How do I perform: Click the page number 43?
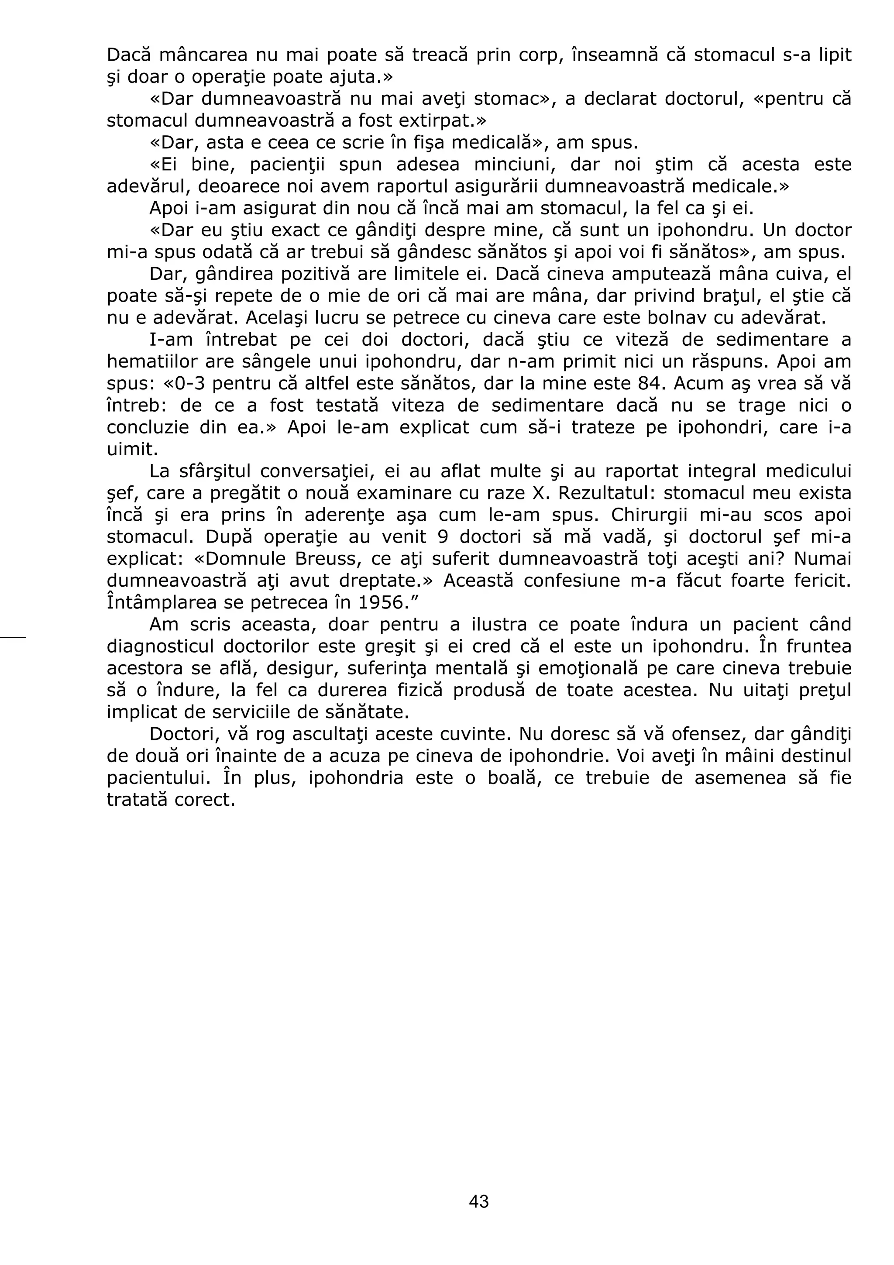tap(478, 1202)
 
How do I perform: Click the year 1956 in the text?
tap(381, 603)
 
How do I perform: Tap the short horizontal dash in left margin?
tap(13, 637)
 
